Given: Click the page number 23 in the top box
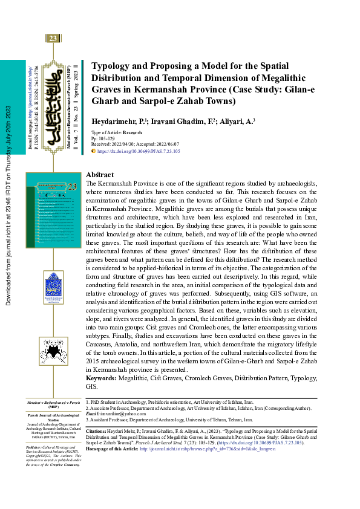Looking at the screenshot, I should (x=53, y=39).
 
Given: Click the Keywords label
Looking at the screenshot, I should (x=105, y=377).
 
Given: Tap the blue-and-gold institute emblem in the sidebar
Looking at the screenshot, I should (x=53, y=285).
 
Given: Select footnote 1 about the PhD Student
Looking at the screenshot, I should (x=169, y=401).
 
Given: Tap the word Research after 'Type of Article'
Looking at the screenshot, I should (x=133, y=132).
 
